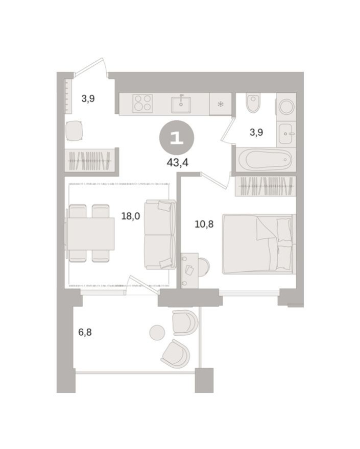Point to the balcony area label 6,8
click(85, 332)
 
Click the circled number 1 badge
click(176, 138)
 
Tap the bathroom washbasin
click(286, 134)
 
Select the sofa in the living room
click(159, 234)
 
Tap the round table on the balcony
click(157, 333)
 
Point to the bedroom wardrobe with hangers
click(265, 186)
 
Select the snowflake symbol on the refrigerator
click(221, 105)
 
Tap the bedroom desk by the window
click(189, 270)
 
